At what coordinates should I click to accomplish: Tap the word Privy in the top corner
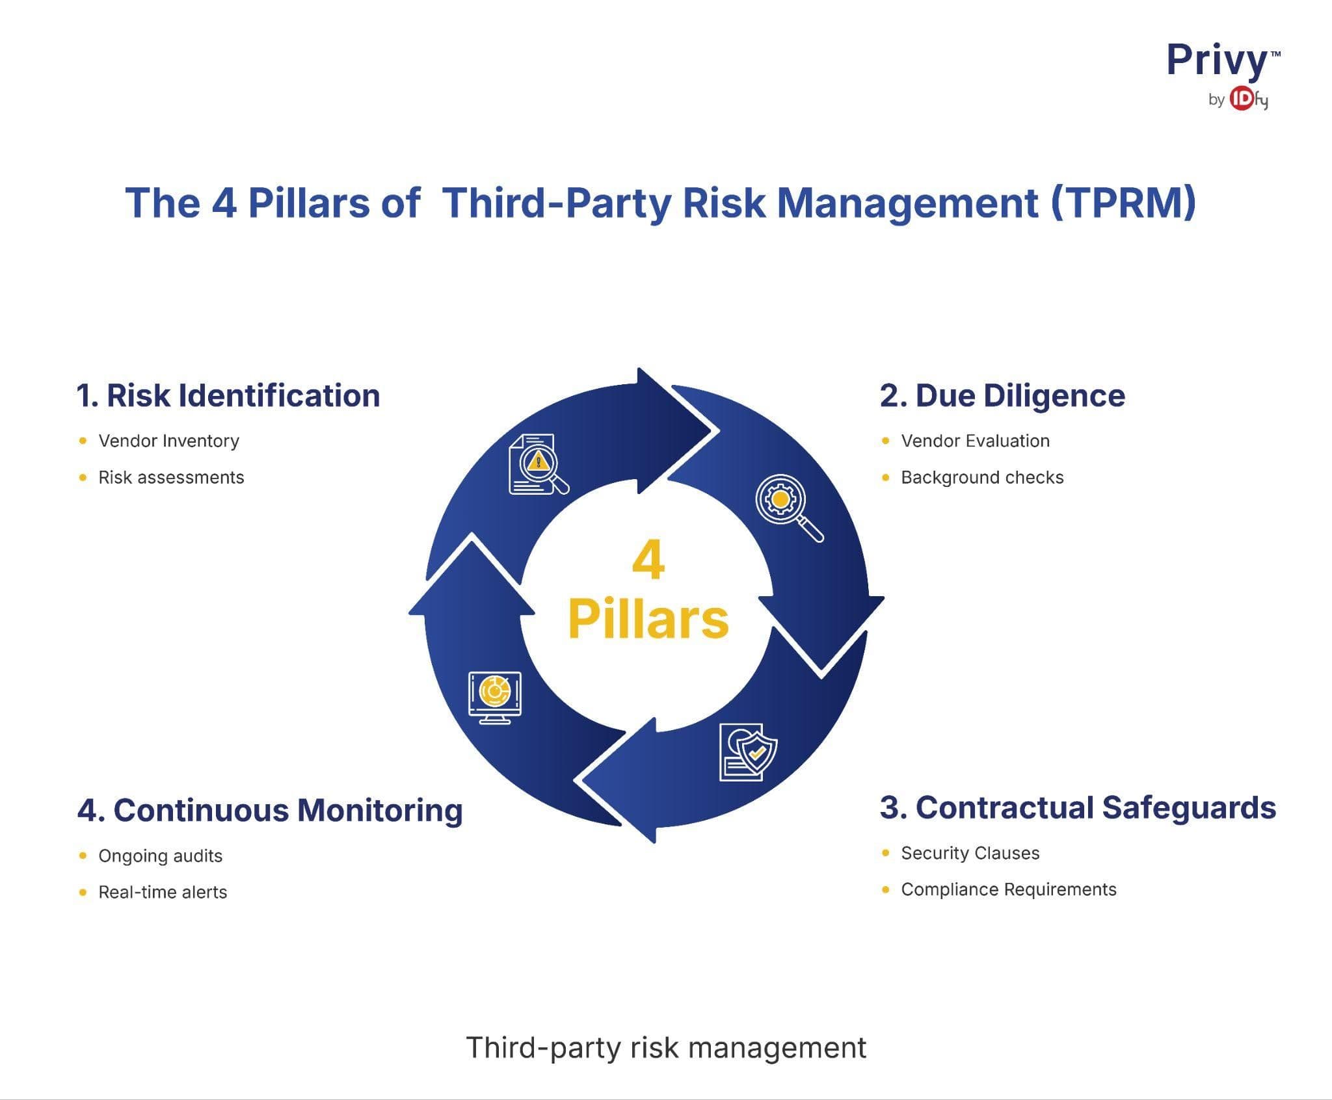tap(1216, 62)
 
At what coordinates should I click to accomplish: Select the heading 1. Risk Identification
tap(228, 395)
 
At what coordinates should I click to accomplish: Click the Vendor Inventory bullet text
tap(168, 441)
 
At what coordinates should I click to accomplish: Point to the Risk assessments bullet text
tap(171, 477)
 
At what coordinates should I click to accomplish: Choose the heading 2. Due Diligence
tap(1002, 395)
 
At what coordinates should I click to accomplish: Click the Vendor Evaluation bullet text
tap(975, 441)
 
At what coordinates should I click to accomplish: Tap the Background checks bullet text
tap(982, 477)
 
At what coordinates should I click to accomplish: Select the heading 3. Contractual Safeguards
tap(1078, 807)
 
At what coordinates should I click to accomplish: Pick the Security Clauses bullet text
tap(970, 853)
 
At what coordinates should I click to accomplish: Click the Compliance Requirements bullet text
tap(1008, 889)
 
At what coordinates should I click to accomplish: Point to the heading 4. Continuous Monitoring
tap(270, 810)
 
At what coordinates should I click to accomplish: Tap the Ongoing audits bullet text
tap(160, 856)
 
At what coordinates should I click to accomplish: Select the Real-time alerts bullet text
tap(163, 892)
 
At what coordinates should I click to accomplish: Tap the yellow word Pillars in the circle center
tap(648, 619)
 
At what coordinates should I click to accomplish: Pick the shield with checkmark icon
tap(748, 752)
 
